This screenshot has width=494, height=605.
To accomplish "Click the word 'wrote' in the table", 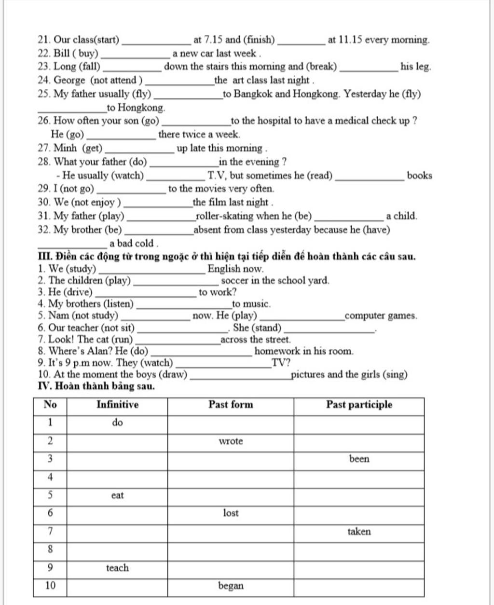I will coord(231,441).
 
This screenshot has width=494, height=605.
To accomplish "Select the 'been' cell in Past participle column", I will coord(359,459).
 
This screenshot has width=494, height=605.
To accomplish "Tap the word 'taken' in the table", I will coord(359,532).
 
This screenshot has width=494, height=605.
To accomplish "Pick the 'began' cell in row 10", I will coord(231,586).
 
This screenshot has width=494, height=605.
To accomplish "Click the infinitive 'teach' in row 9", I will coord(117,568).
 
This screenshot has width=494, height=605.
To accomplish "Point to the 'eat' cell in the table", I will coord(117,495).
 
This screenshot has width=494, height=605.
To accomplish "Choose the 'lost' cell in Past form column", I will coord(231,513).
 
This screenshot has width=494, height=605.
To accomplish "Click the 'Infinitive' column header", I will coord(117,405).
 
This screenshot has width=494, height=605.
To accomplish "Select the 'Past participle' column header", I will coord(359,405).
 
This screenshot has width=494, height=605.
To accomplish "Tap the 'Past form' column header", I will coord(231,405).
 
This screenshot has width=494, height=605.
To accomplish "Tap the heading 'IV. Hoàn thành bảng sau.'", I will coord(96,386).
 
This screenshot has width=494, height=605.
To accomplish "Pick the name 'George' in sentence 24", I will coord(69,81).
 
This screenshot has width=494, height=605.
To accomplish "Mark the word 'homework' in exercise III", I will coord(275,351).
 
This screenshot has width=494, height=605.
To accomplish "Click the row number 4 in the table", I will coord(50,477).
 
